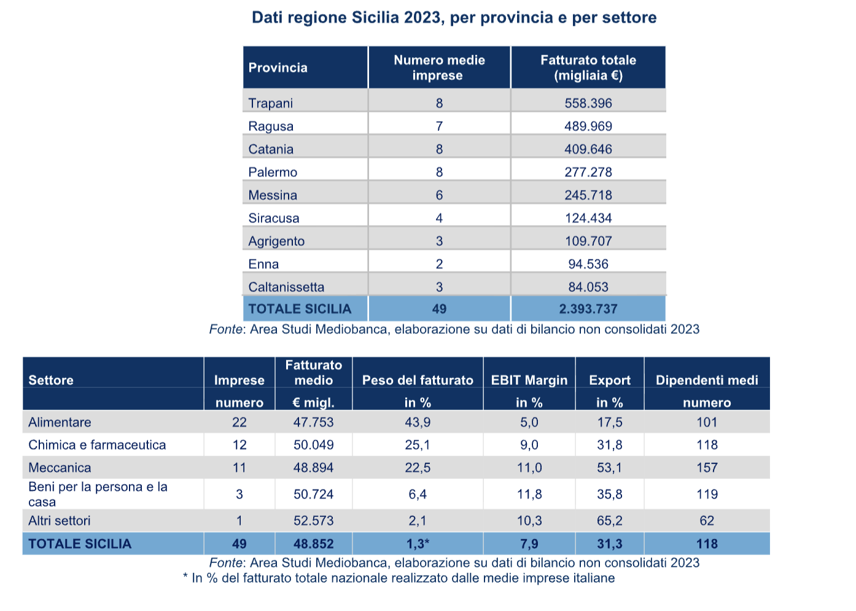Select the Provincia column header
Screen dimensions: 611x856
click(278, 68)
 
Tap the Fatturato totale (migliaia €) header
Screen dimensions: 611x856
click(588, 68)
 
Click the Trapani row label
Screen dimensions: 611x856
click(270, 103)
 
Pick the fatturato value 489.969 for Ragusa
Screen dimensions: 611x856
click(588, 126)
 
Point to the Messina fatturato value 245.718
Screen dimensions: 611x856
click(588, 195)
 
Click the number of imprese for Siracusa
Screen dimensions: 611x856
click(439, 218)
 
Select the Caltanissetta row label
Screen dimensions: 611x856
click(286, 287)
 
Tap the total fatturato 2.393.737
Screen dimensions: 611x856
click(588, 309)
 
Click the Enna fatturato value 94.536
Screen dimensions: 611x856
click(588, 264)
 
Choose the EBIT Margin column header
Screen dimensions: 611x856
click(529, 380)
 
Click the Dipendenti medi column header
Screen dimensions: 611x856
click(707, 380)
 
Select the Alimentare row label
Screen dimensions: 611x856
click(60, 422)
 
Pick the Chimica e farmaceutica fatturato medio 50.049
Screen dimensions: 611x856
click(313, 445)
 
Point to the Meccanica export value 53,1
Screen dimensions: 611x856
click(609, 468)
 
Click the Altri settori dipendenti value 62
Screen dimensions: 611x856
click(707, 521)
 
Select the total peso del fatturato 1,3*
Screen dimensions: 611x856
click(418, 544)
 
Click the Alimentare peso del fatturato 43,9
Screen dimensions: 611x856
click(418, 422)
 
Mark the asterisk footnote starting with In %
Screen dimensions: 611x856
click(399, 578)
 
